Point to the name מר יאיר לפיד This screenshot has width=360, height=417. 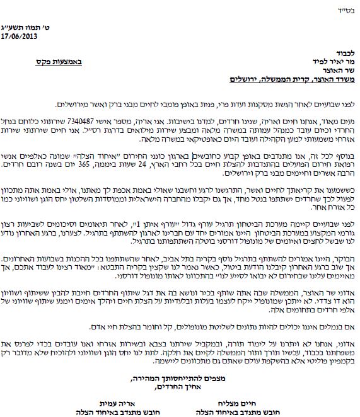pos(334,63)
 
